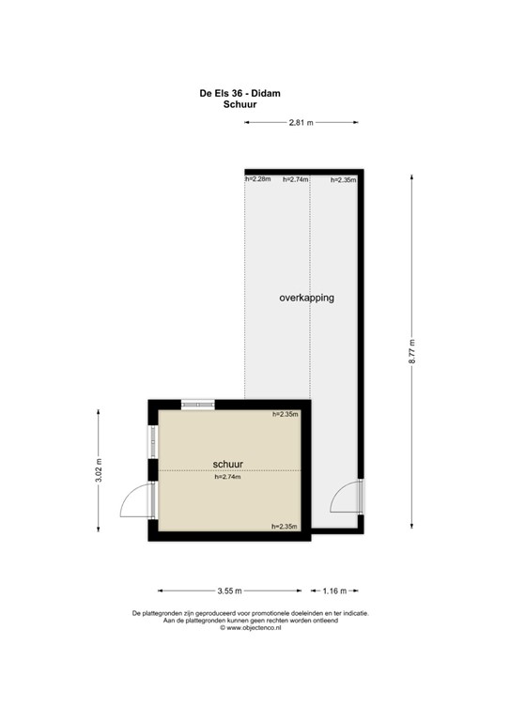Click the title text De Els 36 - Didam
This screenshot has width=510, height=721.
tap(240, 92)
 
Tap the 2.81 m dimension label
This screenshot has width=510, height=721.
tap(301, 122)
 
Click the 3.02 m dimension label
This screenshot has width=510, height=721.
tap(98, 469)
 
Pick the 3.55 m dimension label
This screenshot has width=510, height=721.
tap(229, 591)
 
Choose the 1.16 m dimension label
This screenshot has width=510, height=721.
tap(334, 591)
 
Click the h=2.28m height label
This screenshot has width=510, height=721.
tap(257, 179)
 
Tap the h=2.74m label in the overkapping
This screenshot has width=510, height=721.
tap(295, 179)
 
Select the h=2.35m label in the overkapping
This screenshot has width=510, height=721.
tap(343, 179)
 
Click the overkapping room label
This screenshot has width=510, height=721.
tap(306, 298)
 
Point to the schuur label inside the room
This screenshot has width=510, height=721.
tap(228, 464)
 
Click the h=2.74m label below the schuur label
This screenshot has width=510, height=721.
tap(228, 477)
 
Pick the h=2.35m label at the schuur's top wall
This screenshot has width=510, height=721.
tap(285, 414)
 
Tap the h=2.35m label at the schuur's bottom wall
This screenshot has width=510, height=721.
tap(285, 527)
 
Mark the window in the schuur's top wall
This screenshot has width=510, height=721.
tap(198, 404)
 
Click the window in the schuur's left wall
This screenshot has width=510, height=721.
tap(152, 441)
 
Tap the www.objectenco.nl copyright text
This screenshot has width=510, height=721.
tap(250, 628)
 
